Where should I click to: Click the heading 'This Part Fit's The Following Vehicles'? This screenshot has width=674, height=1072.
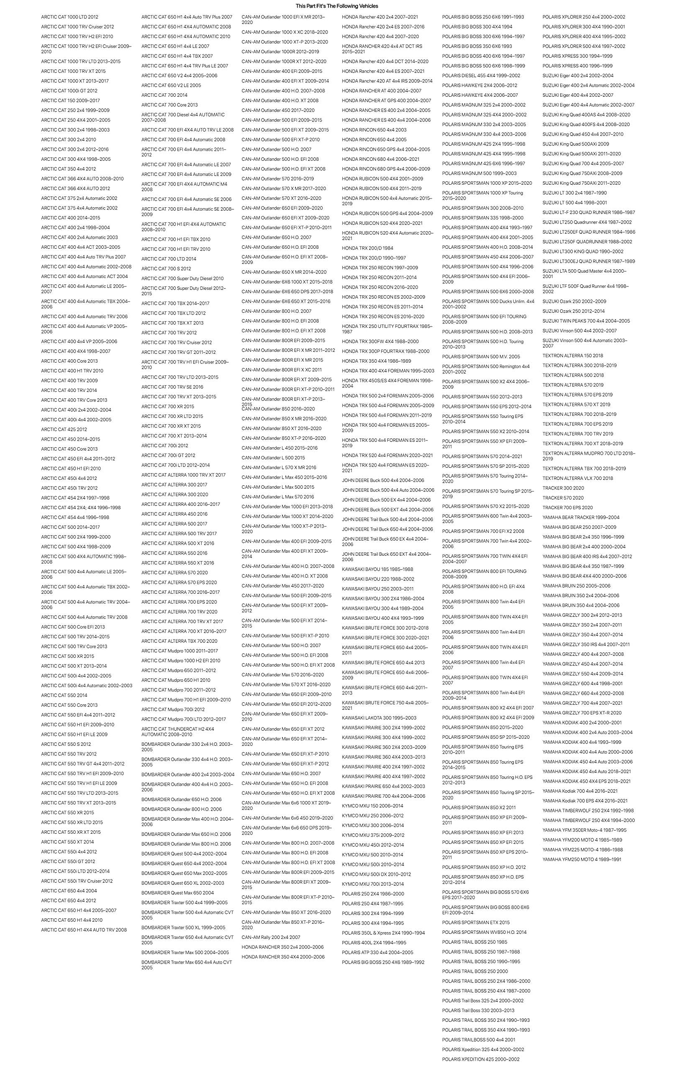[337, 6]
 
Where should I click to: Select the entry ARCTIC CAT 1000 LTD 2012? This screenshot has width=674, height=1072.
[69, 17]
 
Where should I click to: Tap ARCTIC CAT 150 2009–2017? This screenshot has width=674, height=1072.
[70, 100]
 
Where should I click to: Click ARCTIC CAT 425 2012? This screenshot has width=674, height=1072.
[64, 430]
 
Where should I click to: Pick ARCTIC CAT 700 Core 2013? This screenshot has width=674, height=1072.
[169, 105]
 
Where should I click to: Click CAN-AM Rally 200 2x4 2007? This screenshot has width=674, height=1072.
[271, 938]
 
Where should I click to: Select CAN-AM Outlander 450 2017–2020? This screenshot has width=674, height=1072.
[278, 111]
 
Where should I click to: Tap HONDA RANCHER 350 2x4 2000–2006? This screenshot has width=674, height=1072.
[282, 947]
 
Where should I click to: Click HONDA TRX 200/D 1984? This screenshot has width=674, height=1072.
[367, 248]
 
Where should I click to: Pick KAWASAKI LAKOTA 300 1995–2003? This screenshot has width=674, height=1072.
[379, 718]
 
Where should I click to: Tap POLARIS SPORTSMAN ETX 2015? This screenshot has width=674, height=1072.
[476, 923]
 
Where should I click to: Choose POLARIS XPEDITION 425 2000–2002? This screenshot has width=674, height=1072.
[480, 1059]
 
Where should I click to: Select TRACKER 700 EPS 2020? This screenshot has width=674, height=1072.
[567, 508]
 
